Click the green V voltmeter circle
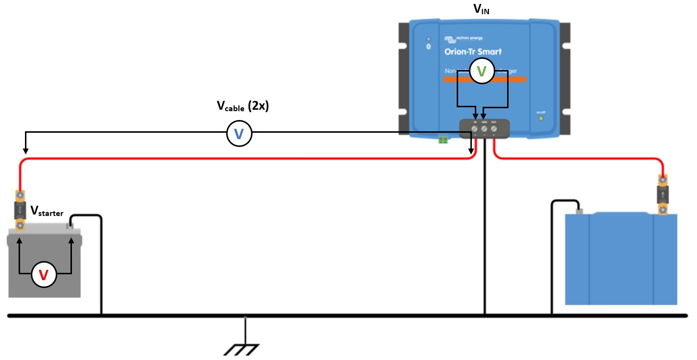pyautogui.click(x=482, y=72)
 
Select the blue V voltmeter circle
pyautogui.click(x=239, y=134)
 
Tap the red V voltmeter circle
pyautogui.click(x=44, y=275)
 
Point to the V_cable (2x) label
pyautogui.click(x=243, y=106)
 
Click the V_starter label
pyautogui.click(x=46, y=211)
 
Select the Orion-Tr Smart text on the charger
pyautogui.click(x=473, y=51)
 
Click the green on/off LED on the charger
pyautogui.click(x=541, y=118)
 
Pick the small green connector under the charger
pyautogui.click(x=443, y=140)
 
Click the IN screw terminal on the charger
pyautogui.click(x=475, y=129)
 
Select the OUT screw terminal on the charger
pyautogui.click(x=494, y=129)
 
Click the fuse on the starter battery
pyautogui.click(x=20, y=211)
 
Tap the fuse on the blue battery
pyautogui.click(x=663, y=195)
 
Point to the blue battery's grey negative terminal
pyautogui.click(x=580, y=212)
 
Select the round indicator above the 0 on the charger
pyautogui.click(x=429, y=39)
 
